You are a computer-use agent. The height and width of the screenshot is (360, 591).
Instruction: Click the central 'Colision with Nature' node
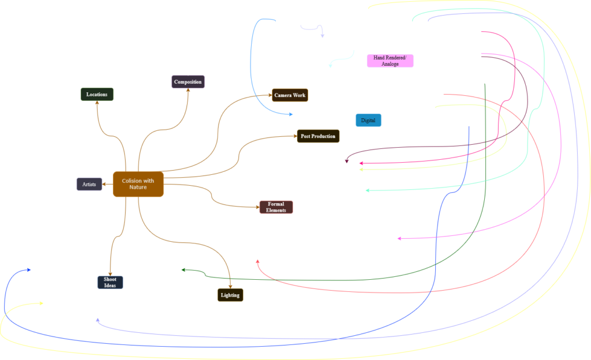(138, 184)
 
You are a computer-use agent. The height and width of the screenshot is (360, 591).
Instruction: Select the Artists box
(89, 184)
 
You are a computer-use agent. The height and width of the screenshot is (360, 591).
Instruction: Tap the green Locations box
(97, 94)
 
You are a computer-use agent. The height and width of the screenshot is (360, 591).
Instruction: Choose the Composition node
(188, 82)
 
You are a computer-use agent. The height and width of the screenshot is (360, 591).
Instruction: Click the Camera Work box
(290, 95)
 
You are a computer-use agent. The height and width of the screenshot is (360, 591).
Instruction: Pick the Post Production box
(318, 136)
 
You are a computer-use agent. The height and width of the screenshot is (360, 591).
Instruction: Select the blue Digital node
(368, 121)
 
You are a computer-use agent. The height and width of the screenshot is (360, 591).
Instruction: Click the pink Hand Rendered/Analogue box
(390, 61)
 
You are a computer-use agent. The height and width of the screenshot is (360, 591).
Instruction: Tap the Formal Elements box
(276, 207)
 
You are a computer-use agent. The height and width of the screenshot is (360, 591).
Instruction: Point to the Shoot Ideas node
(110, 282)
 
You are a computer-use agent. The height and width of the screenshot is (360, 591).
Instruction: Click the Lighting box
(230, 295)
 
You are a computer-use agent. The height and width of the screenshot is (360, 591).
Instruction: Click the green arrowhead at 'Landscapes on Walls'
(184, 270)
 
